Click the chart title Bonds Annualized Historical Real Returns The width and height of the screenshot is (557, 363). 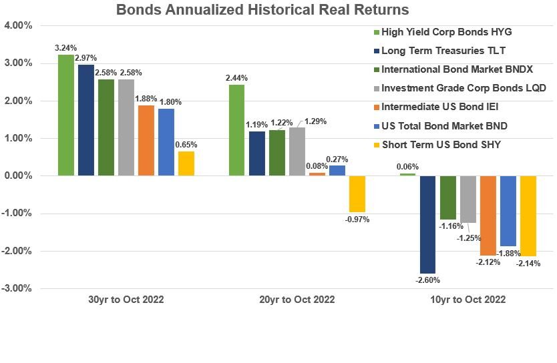(x=262, y=10)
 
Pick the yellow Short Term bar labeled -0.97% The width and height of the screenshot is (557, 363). (x=357, y=194)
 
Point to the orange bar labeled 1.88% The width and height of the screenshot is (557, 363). (x=146, y=140)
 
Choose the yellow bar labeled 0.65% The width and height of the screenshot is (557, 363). (x=186, y=163)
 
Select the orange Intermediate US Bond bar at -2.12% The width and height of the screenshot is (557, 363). (x=488, y=216)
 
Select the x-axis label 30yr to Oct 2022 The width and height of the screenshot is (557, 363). (x=126, y=300)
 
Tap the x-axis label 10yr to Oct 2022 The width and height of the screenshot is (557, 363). (x=468, y=300)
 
